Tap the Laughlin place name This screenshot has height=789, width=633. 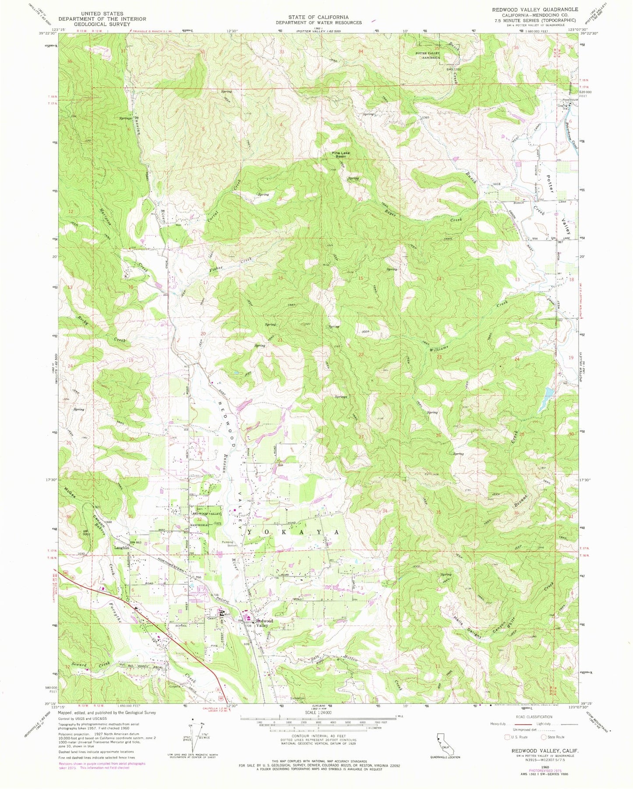[x=122, y=548]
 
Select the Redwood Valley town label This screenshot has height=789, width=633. [x=265, y=623]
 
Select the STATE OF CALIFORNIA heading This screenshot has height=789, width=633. [x=318, y=17]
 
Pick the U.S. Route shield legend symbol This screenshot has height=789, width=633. [x=508, y=737]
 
